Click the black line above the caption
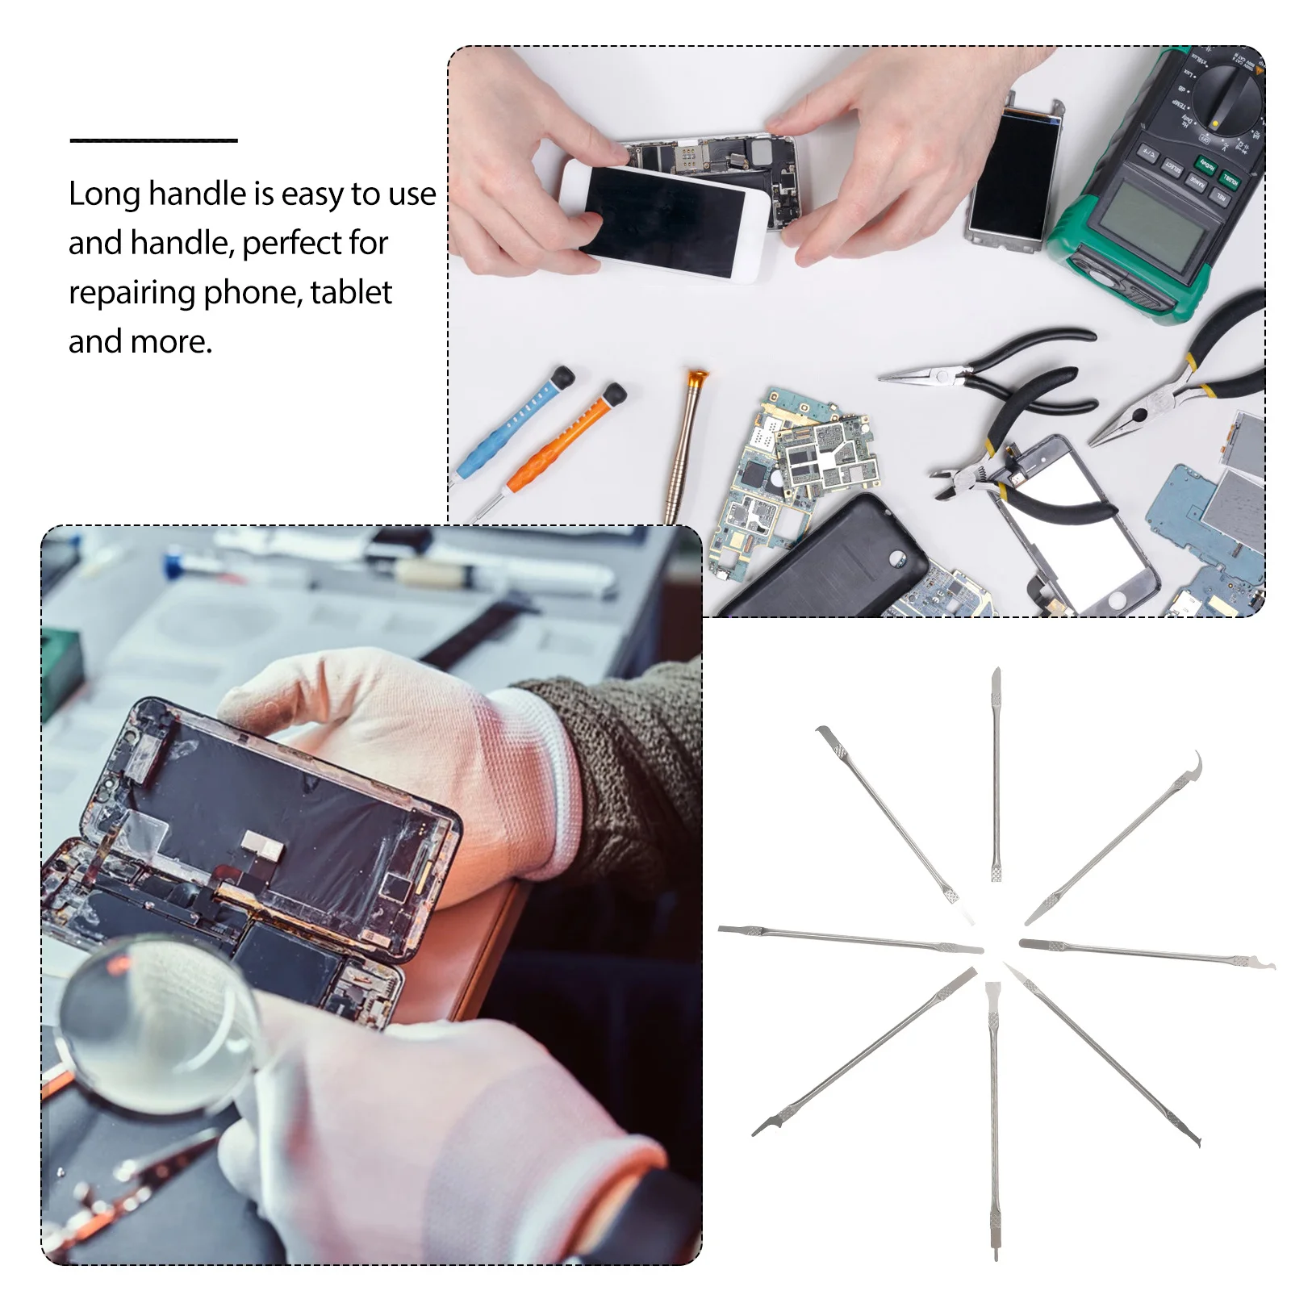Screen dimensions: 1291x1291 pos(153,140)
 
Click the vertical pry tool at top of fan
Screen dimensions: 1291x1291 pos(996,775)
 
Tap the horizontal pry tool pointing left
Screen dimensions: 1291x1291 pos(847,938)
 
